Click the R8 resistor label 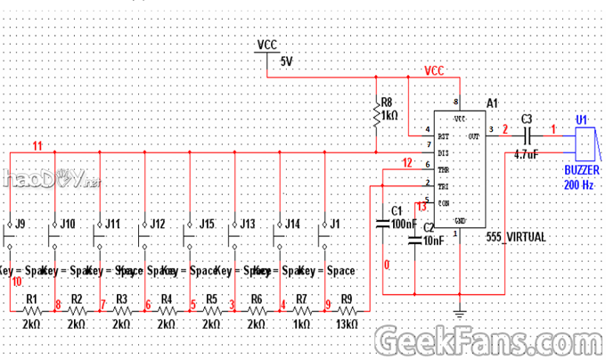tap(386, 102)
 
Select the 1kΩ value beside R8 tap(389, 115)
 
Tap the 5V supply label tap(286, 61)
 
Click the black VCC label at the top tap(266, 44)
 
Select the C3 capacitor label tap(527, 119)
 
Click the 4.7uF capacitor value tap(527, 153)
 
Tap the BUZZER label tap(583, 168)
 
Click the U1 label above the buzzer tap(581, 119)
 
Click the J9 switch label tap(21, 223)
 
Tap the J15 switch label tap(207, 223)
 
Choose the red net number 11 tap(37, 145)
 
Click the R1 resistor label tap(31, 299)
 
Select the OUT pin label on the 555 tap(473, 136)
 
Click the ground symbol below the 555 tap(459, 313)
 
